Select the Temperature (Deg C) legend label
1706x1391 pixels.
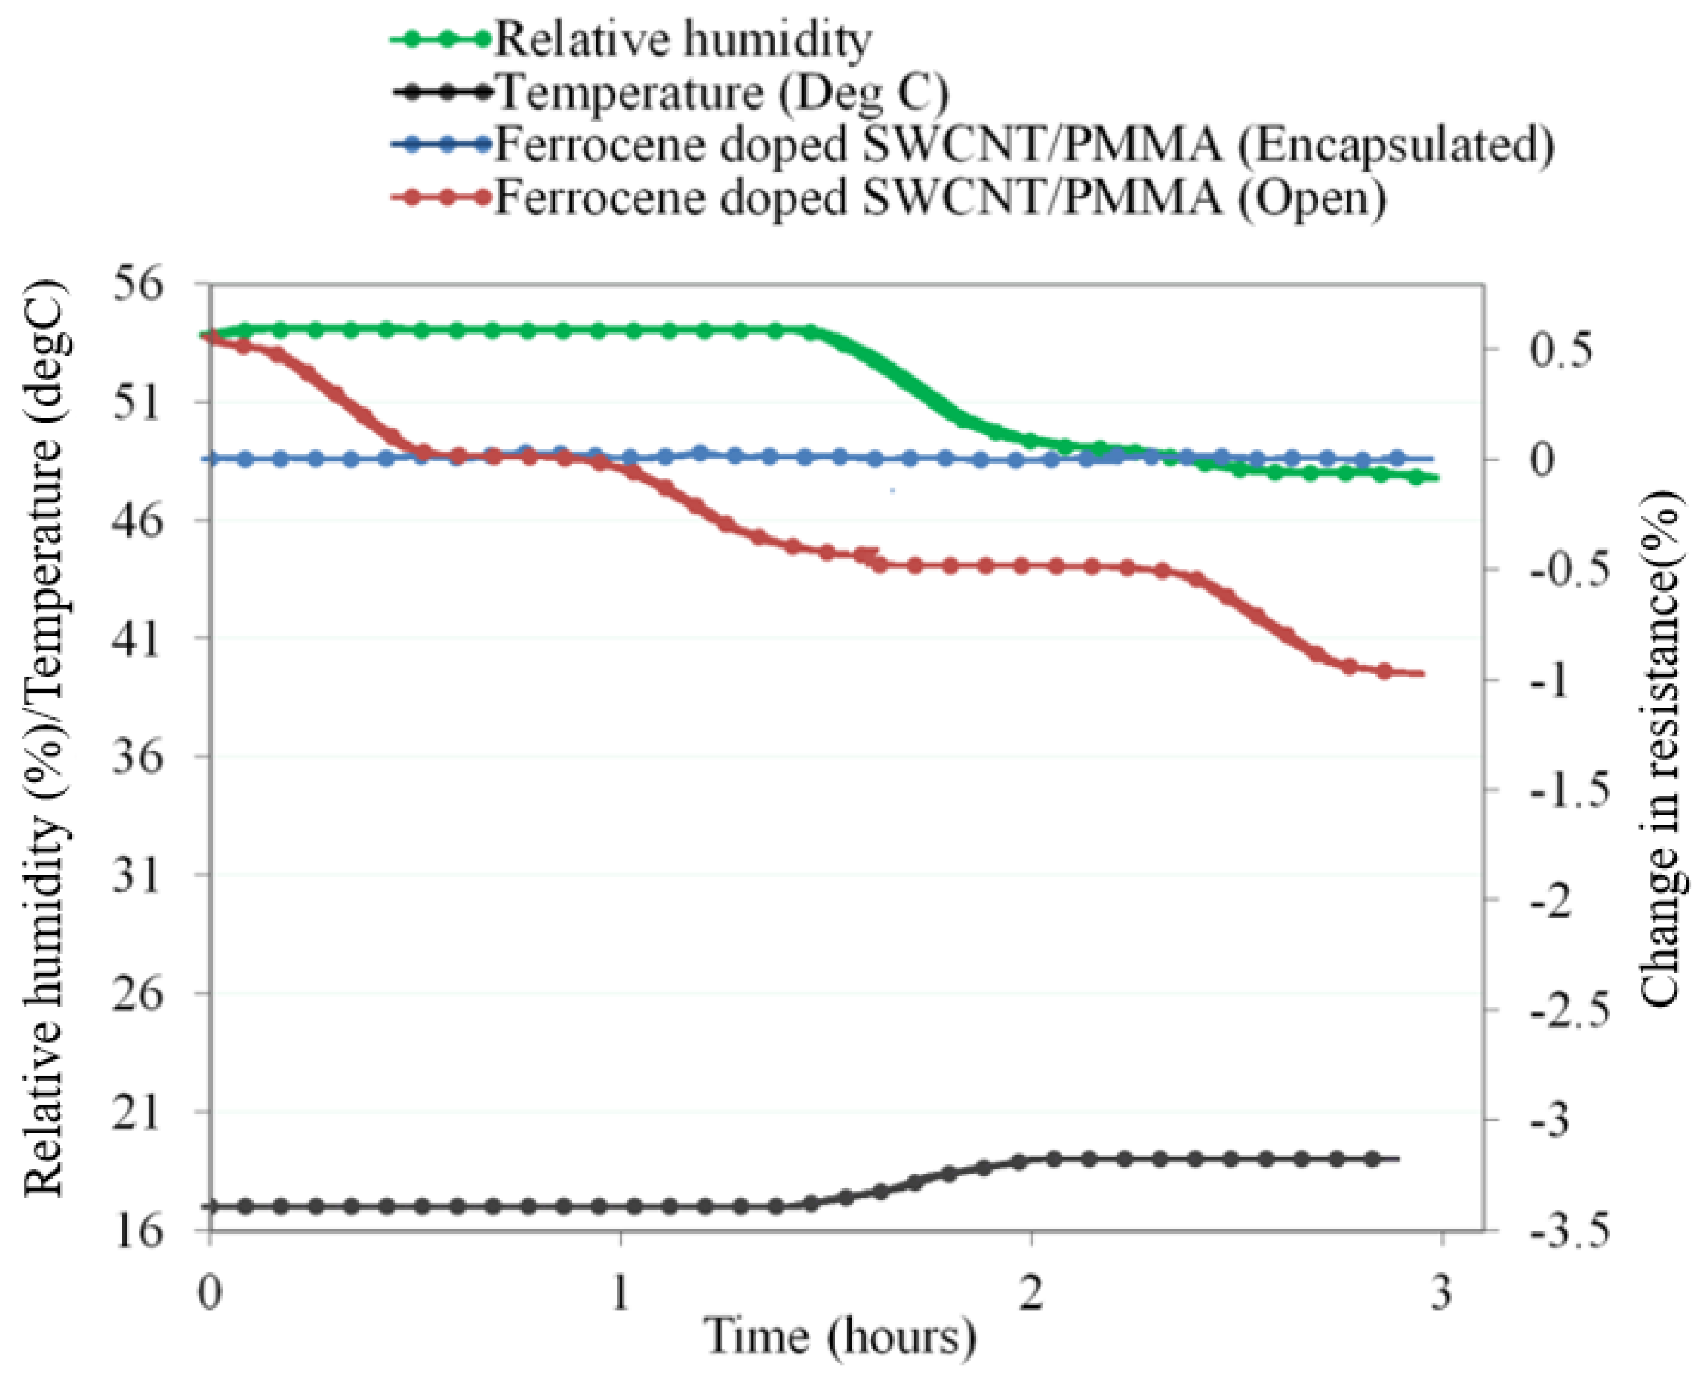(722, 92)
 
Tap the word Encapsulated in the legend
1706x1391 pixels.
(1395, 145)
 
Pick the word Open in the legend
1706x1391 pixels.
(1312, 198)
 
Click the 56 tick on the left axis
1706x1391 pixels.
(137, 285)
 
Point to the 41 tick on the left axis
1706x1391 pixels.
(137, 639)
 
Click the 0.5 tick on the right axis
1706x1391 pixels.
(1559, 350)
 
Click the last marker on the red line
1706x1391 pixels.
(1384, 671)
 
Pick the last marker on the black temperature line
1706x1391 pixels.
(1372, 1159)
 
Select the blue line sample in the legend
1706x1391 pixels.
(440, 145)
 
